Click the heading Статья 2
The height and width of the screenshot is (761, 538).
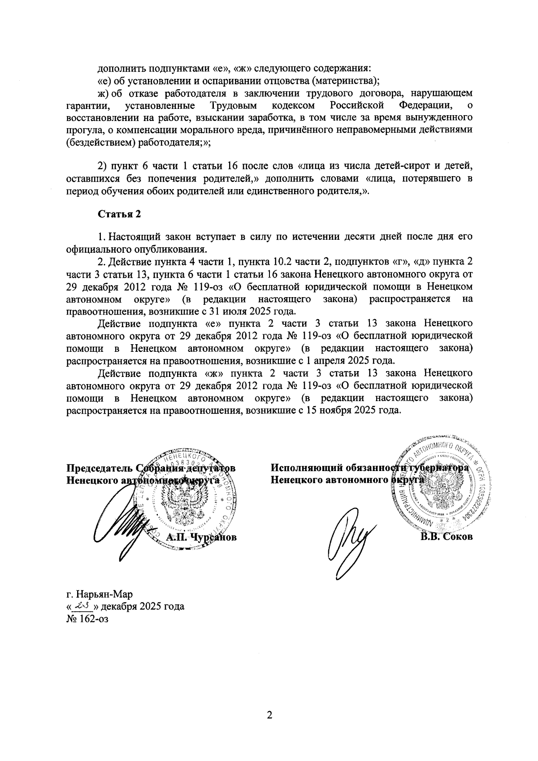coord(120,214)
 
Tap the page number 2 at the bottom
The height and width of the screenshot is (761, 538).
coord(269,715)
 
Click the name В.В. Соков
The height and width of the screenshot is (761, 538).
coord(446,537)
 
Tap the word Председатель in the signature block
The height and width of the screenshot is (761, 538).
coord(99,468)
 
